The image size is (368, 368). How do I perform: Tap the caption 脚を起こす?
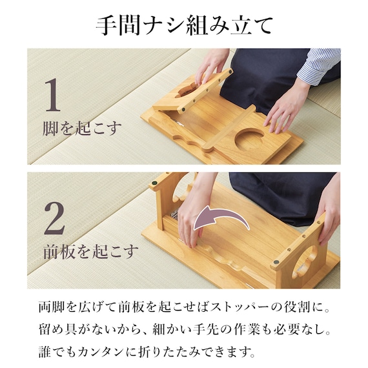[x=80, y=128]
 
